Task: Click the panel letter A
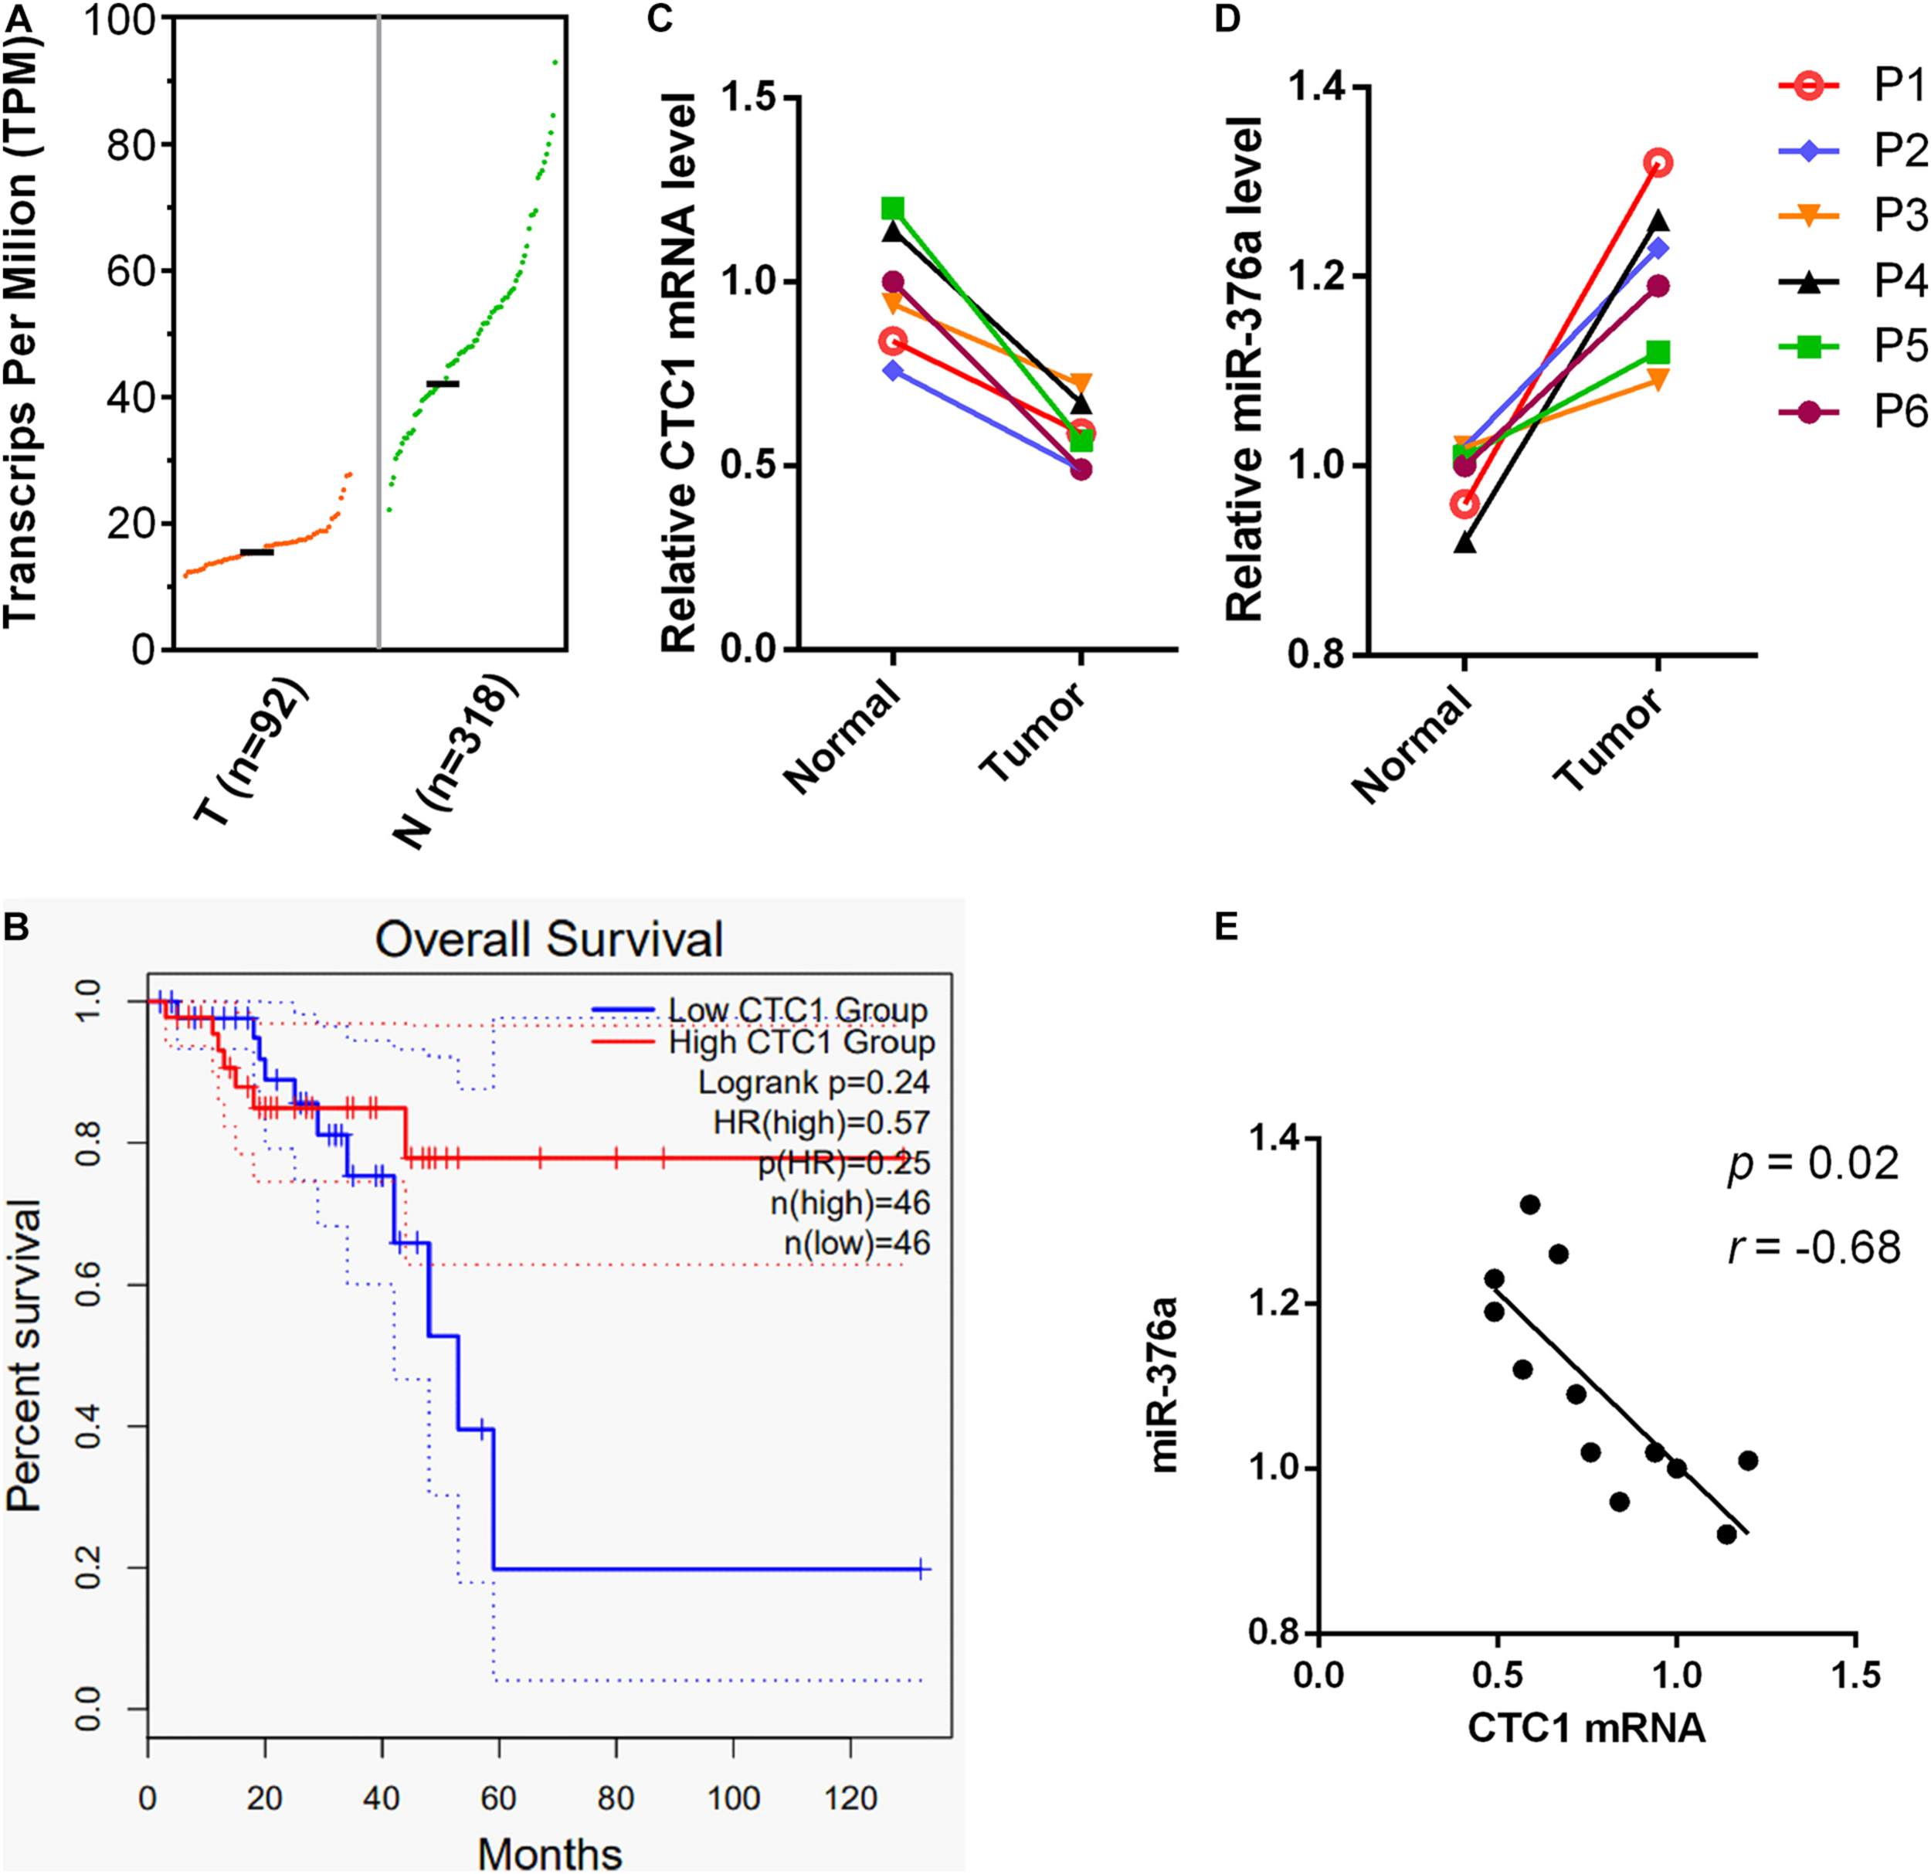[17, 18]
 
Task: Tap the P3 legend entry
[1852, 216]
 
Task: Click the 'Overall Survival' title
[548, 939]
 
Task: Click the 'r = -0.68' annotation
[1813, 1248]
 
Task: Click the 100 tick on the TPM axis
[121, 20]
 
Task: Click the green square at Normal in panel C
[893, 208]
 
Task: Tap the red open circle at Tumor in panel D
[1658, 162]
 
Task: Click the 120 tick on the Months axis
[850, 1799]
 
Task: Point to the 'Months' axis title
[550, 1852]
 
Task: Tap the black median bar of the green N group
[443, 383]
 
